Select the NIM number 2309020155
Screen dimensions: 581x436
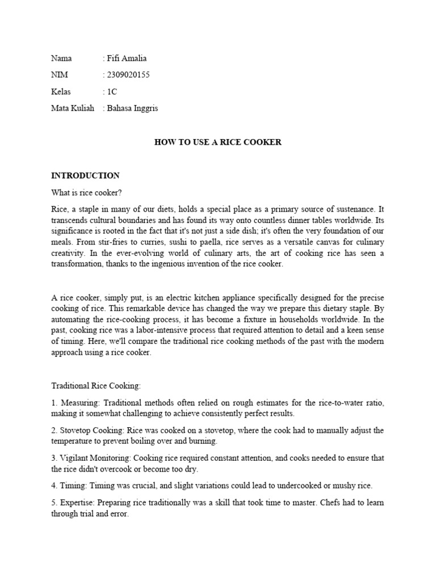point(128,75)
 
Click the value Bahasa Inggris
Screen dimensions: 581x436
point(132,108)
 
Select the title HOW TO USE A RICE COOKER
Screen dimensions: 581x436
point(218,142)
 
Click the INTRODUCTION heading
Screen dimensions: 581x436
point(85,175)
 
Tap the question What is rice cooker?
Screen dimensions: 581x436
point(86,193)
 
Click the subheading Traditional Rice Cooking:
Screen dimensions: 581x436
point(96,386)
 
